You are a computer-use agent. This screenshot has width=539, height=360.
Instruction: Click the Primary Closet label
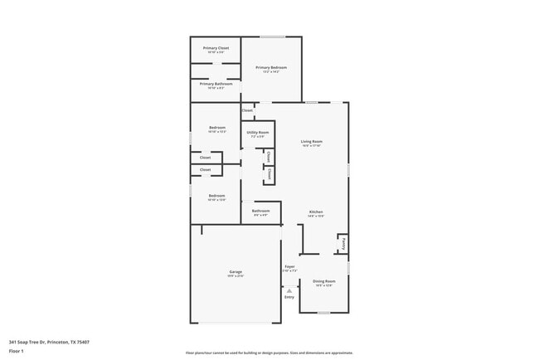[x=216, y=48]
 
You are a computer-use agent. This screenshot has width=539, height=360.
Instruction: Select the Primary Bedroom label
[x=272, y=67]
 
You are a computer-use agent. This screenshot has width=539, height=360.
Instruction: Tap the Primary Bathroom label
[x=216, y=83]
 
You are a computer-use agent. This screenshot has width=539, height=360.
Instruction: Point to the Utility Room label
[x=257, y=133]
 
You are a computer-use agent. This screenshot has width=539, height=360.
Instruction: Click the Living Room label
[x=311, y=142]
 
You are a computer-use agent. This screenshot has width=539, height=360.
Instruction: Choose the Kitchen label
[x=316, y=212]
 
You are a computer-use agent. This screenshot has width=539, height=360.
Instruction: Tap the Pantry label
[x=343, y=244]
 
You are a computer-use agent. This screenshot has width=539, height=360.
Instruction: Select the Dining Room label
[x=323, y=281]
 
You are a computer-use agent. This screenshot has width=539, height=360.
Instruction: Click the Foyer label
[x=289, y=267]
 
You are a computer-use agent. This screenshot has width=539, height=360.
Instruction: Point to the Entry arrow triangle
[x=289, y=291]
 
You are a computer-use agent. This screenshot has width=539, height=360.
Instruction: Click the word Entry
[x=289, y=297]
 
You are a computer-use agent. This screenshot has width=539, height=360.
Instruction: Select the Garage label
[x=236, y=272]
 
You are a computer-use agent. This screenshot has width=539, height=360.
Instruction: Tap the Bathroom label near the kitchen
[x=260, y=212]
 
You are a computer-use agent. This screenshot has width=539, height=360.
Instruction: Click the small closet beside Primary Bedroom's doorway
[x=247, y=110]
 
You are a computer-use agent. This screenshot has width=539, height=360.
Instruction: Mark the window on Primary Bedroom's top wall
[x=273, y=36]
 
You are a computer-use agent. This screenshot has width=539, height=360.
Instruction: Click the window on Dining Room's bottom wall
[x=323, y=313]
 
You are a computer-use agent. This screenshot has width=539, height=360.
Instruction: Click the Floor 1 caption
[x=16, y=351]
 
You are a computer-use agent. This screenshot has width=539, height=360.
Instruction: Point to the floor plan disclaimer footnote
[x=269, y=353]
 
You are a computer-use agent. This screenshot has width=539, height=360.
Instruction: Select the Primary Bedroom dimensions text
[x=272, y=72]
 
